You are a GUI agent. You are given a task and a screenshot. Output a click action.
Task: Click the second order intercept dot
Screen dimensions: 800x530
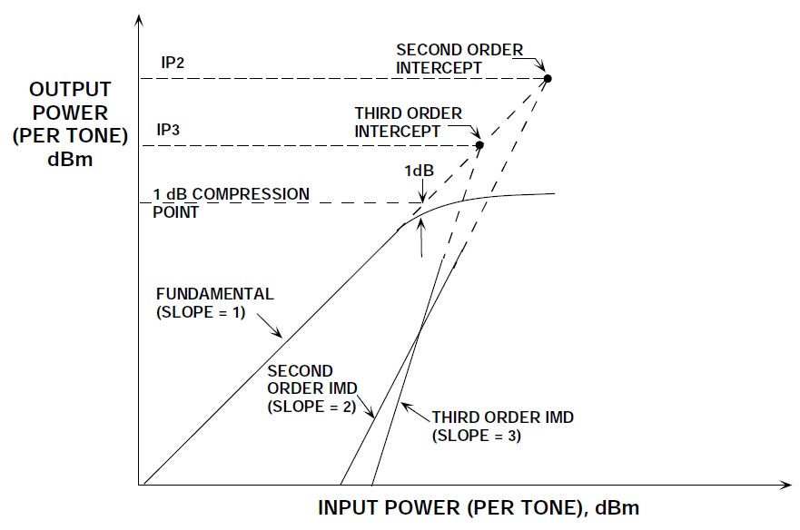click(x=548, y=79)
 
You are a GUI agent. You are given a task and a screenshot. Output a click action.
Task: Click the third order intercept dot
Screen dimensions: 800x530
click(x=479, y=145)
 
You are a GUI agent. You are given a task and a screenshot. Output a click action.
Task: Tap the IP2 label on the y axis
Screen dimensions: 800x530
click(x=173, y=63)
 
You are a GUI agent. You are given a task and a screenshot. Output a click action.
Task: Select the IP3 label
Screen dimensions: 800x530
click(x=168, y=130)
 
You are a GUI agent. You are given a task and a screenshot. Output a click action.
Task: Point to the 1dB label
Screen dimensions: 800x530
click(x=419, y=171)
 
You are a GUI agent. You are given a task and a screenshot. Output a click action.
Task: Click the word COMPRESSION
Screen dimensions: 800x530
click(x=251, y=194)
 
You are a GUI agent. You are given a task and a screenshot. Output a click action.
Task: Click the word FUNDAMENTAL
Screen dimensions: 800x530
click(x=215, y=294)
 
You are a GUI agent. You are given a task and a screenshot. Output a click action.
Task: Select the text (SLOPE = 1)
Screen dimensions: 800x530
click(x=201, y=312)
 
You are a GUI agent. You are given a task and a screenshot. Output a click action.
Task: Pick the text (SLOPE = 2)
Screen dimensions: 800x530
click(x=311, y=407)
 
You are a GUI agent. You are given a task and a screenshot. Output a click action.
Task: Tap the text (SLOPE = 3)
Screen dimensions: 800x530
click(x=477, y=437)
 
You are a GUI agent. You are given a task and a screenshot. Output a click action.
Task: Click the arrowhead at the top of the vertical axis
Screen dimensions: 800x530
click(x=138, y=19)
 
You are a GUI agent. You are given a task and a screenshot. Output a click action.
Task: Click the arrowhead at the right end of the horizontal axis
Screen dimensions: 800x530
click(x=785, y=484)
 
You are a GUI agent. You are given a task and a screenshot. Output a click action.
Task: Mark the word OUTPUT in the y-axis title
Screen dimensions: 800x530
click(x=70, y=90)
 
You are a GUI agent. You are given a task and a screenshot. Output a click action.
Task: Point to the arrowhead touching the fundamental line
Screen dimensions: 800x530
click(x=278, y=333)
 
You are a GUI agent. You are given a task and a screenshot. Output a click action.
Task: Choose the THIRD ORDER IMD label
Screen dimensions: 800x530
click(x=503, y=417)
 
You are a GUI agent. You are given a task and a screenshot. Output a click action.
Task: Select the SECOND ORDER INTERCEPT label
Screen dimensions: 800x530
click(x=459, y=59)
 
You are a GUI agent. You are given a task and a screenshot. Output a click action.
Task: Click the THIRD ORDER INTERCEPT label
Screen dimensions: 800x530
click(x=408, y=123)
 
